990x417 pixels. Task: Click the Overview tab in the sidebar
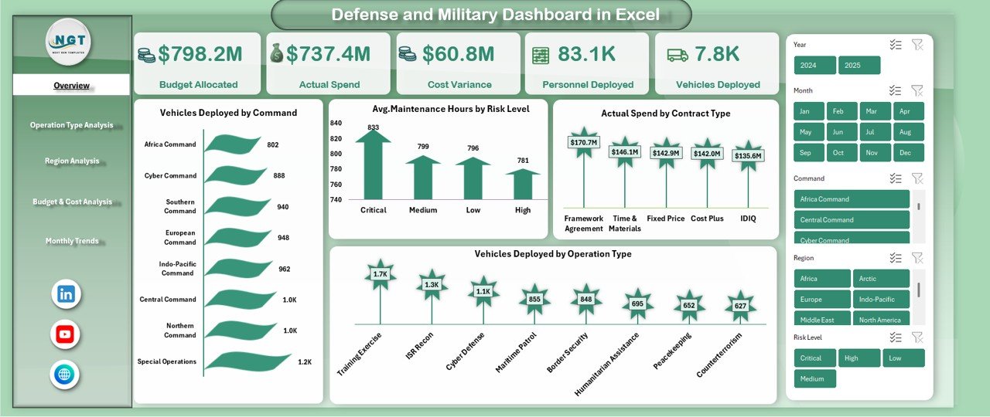click(71, 86)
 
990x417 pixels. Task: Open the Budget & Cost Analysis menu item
click(72, 202)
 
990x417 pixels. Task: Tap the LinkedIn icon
click(66, 294)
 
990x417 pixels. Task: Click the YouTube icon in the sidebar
click(66, 334)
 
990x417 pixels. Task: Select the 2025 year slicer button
click(859, 66)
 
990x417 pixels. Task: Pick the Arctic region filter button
click(881, 279)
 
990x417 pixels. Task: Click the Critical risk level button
click(814, 358)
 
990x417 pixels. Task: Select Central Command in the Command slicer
click(852, 220)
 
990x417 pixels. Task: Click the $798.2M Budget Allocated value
click(200, 54)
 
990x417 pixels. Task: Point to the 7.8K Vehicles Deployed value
click(716, 54)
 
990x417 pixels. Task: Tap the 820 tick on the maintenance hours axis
click(336, 139)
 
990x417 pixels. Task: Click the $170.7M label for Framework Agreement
click(583, 143)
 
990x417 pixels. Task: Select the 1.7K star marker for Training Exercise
click(380, 274)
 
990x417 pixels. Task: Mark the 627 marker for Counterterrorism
click(740, 306)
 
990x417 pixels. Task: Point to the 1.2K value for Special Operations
click(305, 361)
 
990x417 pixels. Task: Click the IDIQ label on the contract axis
click(748, 219)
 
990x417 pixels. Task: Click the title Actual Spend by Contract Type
click(665, 114)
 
